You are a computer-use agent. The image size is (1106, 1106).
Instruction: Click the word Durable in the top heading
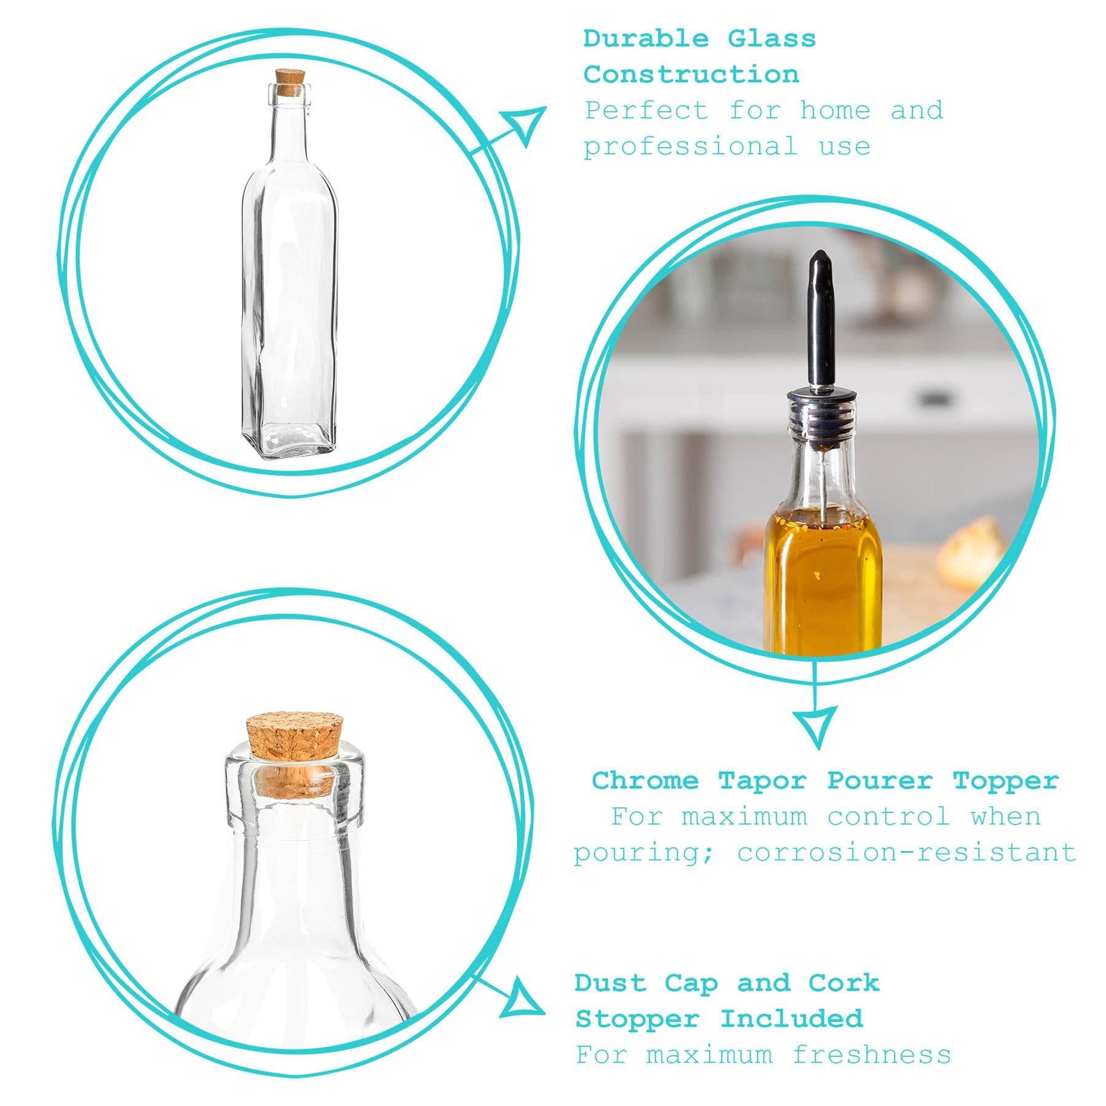tap(645, 39)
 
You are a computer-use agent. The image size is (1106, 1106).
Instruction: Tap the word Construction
tap(691, 75)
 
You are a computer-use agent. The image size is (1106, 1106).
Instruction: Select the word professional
tap(690, 147)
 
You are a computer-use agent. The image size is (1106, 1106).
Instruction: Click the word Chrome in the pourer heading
tap(645, 781)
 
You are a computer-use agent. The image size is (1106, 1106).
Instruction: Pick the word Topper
tap(1006, 781)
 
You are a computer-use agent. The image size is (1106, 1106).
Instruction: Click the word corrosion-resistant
tap(907, 853)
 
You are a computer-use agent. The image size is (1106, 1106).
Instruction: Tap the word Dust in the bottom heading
tap(611, 983)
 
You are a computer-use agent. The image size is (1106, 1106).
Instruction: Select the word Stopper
tap(637, 1019)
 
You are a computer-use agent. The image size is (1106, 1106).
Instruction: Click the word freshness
tap(871, 1055)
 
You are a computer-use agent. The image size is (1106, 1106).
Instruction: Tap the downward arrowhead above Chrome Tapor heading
tap(815, 725)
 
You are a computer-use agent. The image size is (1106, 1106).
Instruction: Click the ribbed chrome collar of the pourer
tap(817, 424)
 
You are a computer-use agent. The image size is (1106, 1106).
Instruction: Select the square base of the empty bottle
tap(289, 441)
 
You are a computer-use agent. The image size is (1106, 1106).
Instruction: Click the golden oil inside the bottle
tap(822, 584)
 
